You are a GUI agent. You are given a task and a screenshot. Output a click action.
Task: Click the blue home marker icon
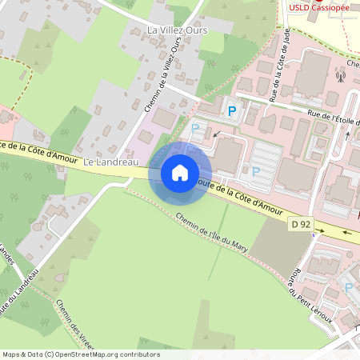tap(180, 173)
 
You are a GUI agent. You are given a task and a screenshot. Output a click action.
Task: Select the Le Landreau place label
tap(102, 162)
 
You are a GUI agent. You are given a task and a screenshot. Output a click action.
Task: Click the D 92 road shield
tap(301, 225)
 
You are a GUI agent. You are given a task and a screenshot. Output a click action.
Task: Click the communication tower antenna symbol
tap(339, 78)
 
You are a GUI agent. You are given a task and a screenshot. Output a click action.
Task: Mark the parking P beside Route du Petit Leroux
tap(348, 287)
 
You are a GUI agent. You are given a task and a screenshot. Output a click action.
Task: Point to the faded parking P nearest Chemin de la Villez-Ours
tap(194, 128)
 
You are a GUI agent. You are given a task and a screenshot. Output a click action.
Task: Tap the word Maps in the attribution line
tap(12, 354)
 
